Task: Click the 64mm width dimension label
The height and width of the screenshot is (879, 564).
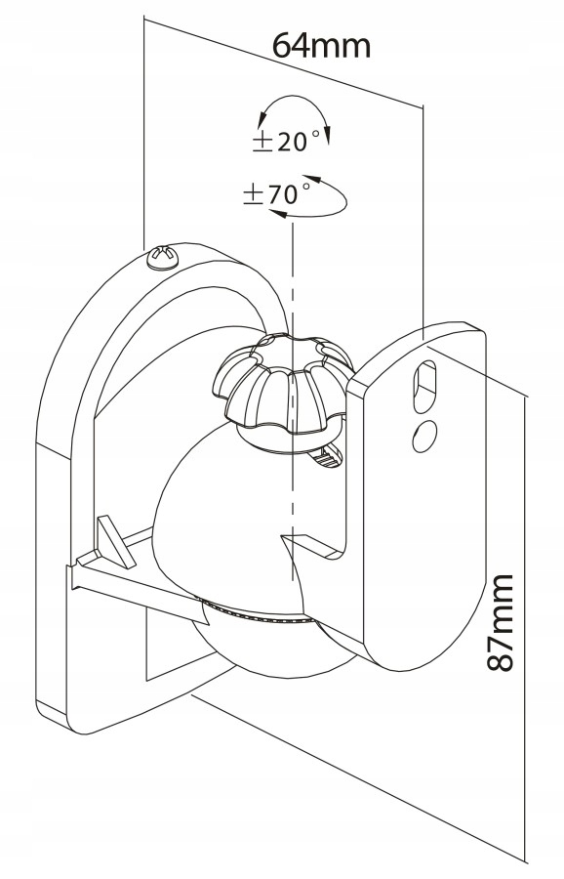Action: tap(321, 46)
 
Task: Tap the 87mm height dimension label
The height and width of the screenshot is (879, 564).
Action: tap(500, 622)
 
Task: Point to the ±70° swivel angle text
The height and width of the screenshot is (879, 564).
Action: tap(277, 193)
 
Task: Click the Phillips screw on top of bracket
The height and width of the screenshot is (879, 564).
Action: tap(162, 257)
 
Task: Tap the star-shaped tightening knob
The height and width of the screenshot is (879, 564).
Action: tap(283, 381)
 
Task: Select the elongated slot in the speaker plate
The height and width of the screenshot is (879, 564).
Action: tap(424, 388)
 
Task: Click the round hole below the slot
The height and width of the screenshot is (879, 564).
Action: tap(424, 437)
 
